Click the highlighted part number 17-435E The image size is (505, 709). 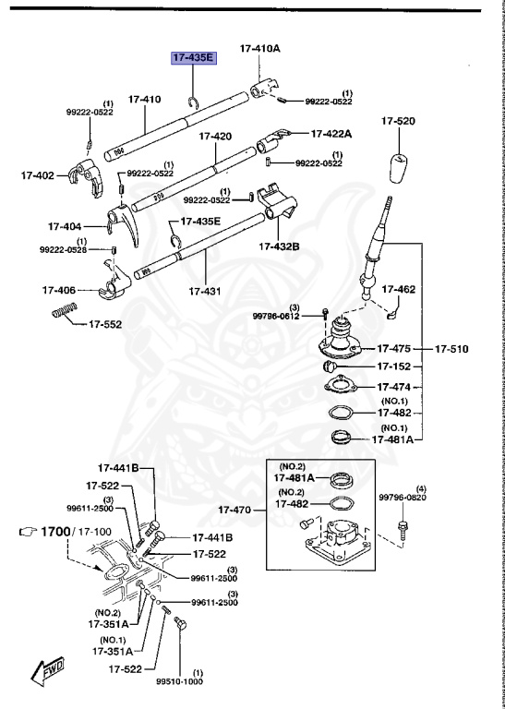click(191, 58)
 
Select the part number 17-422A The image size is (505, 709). click(331, 133)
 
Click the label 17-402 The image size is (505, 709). click(37, 174)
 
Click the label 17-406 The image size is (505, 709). click(58, 289)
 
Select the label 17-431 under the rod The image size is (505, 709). click(205, 291)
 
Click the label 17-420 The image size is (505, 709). click(214, 136)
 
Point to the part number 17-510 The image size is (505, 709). click(452, 349)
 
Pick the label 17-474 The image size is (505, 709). click(395, 387)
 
